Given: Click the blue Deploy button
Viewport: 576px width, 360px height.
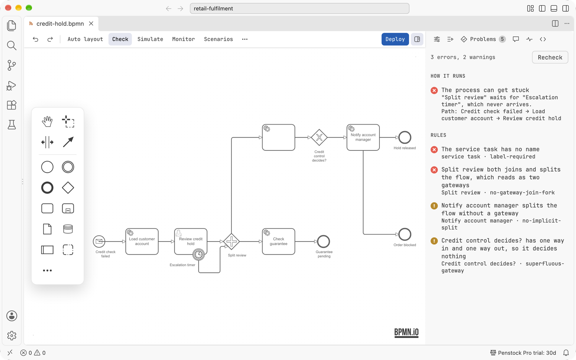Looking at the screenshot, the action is click(395, 39).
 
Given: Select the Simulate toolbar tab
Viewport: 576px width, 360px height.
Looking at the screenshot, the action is click(150, 39).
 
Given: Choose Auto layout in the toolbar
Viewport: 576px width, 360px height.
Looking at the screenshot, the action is click(85, 39).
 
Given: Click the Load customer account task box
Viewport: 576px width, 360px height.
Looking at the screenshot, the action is click(142, 242).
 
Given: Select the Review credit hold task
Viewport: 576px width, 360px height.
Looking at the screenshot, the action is click(191, 242).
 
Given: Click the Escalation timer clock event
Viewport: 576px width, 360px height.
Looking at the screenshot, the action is click(198, 255).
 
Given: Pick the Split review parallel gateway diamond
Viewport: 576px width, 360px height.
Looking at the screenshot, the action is click(231, 242).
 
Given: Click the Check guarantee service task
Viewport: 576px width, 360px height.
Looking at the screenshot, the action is click(279, 242).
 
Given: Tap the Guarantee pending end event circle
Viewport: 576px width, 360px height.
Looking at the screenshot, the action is click(324, 242).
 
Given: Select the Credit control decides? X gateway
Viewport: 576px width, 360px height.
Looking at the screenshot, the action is click(319, 137).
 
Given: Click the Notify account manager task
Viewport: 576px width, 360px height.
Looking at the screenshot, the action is click(363, 137).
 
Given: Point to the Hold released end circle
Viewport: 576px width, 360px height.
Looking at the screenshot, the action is click(405, 137).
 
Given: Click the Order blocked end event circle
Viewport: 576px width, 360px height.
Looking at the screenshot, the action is click(405, 234).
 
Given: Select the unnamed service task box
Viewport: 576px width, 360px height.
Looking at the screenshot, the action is click(279, 137).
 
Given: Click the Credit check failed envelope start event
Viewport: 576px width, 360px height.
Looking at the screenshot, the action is click(99, 242).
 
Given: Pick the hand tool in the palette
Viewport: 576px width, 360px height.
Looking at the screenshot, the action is click(47, 121).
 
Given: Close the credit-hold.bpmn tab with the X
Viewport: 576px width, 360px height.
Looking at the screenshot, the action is click(91, 24).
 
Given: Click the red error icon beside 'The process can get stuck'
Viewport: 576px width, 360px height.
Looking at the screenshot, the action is click(434, 90).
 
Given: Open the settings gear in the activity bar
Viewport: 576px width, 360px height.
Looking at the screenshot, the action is click(12, 336).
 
